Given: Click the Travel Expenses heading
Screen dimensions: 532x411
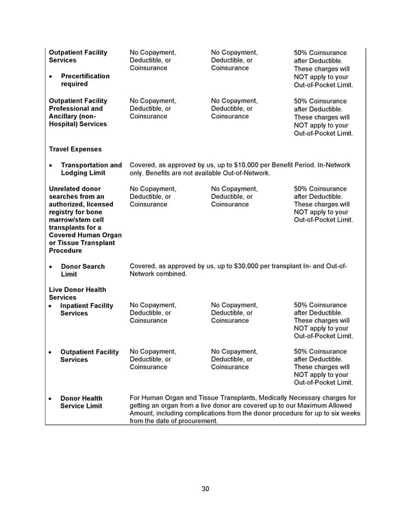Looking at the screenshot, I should point(75,149).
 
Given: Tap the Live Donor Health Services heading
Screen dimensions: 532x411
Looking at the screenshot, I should point(77,293).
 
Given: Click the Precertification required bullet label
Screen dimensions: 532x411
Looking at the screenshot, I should point(85,80).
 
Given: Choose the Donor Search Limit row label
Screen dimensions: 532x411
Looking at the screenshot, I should point(82,270).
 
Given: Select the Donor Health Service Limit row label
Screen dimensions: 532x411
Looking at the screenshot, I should point(82,402).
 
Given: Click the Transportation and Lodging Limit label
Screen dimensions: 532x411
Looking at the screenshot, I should point(91,169).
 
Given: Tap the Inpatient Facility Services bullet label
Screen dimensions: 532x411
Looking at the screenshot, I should point(86,309).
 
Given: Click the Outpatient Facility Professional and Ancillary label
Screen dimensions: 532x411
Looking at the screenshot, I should point(79,112).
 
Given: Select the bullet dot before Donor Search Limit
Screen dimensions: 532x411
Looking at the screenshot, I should point(52,267).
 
